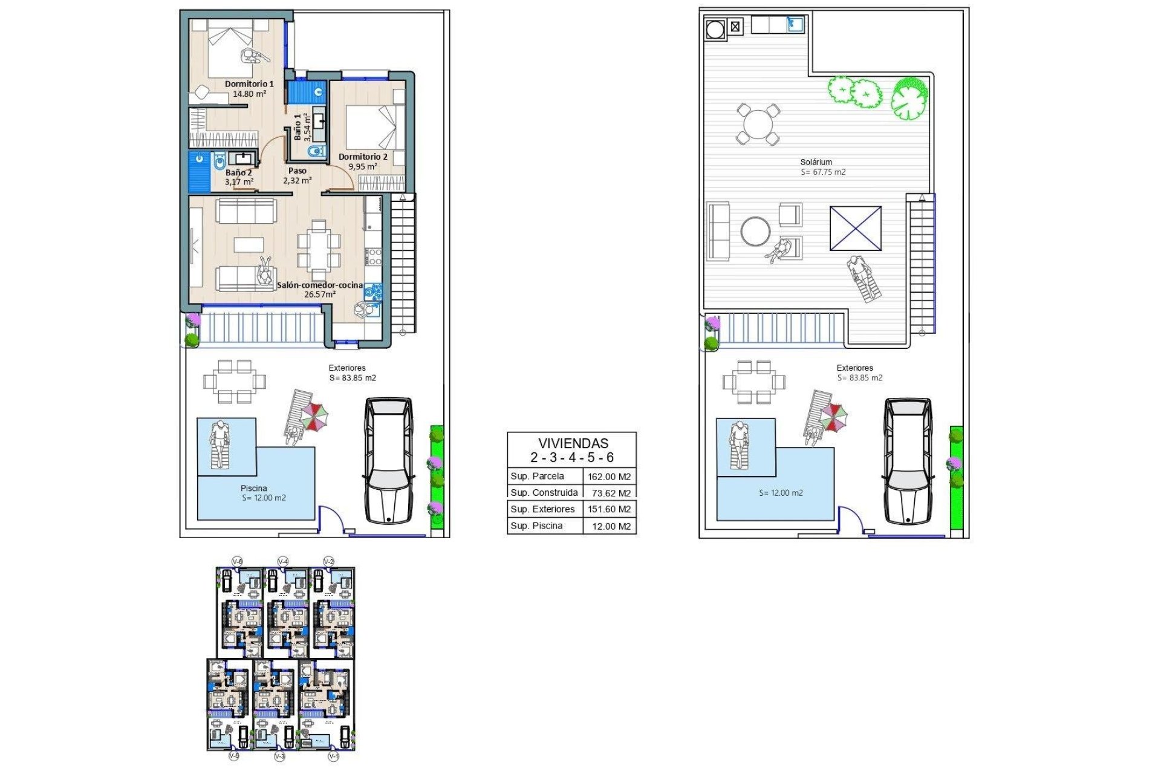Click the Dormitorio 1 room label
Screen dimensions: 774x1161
click(x=249, y=84)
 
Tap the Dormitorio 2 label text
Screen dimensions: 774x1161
click(x=363, y=157)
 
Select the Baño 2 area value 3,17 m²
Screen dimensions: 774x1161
click(x=239, y=181)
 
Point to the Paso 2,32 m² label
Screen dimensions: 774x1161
click(x=298, y=175)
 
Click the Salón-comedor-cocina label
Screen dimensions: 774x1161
click(x=320, y=285)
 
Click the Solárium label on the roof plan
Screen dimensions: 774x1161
click(x=816, y=162)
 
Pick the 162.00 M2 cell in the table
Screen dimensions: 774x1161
click(x=609, y=476)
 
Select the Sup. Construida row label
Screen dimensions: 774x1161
click(x=544, y=492)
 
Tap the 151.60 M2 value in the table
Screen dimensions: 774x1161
click(x=609, y=509)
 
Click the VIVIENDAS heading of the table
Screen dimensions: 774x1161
click(x=573, y=443)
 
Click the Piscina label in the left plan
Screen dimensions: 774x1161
click(x=253, y=488)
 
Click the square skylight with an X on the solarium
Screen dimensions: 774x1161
click(x=855, y=228)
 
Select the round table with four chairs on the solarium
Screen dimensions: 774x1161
click(x=758, y=125)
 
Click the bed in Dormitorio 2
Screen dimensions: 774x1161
click(x=374, y=127)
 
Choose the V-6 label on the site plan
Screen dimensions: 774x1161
click(x=238, y=562)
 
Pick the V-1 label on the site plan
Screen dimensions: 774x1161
click(x=333, y=756)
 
